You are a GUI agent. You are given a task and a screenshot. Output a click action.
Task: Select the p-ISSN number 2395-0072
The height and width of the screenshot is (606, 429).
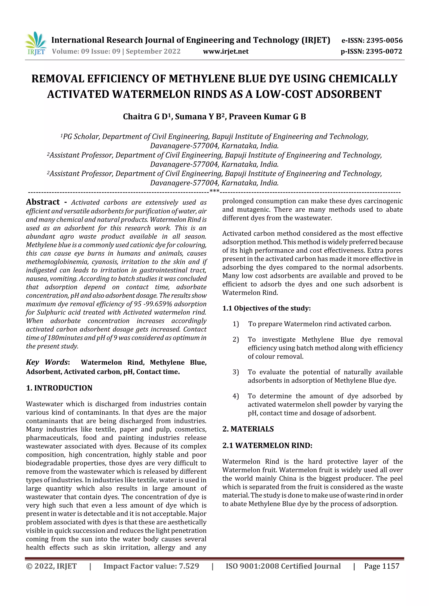click(384, 51)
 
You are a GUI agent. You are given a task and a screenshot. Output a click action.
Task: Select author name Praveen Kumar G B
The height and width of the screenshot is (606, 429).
click(267, 117)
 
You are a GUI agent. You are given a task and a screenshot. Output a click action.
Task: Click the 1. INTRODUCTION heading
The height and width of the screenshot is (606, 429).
click(59, 388)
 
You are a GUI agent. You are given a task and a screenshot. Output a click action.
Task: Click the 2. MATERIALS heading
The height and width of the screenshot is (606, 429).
click(248, 429)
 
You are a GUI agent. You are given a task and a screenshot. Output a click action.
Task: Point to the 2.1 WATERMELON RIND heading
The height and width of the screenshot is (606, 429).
click(267, 446)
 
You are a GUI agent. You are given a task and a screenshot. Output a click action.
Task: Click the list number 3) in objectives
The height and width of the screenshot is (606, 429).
click(235, 372)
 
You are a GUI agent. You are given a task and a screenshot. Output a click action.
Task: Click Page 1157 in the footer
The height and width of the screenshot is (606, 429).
click(381, 566)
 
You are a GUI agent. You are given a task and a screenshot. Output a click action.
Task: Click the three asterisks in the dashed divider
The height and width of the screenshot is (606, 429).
click(214, 191)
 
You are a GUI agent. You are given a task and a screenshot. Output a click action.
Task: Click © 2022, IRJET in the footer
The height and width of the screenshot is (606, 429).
click(51, 566)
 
